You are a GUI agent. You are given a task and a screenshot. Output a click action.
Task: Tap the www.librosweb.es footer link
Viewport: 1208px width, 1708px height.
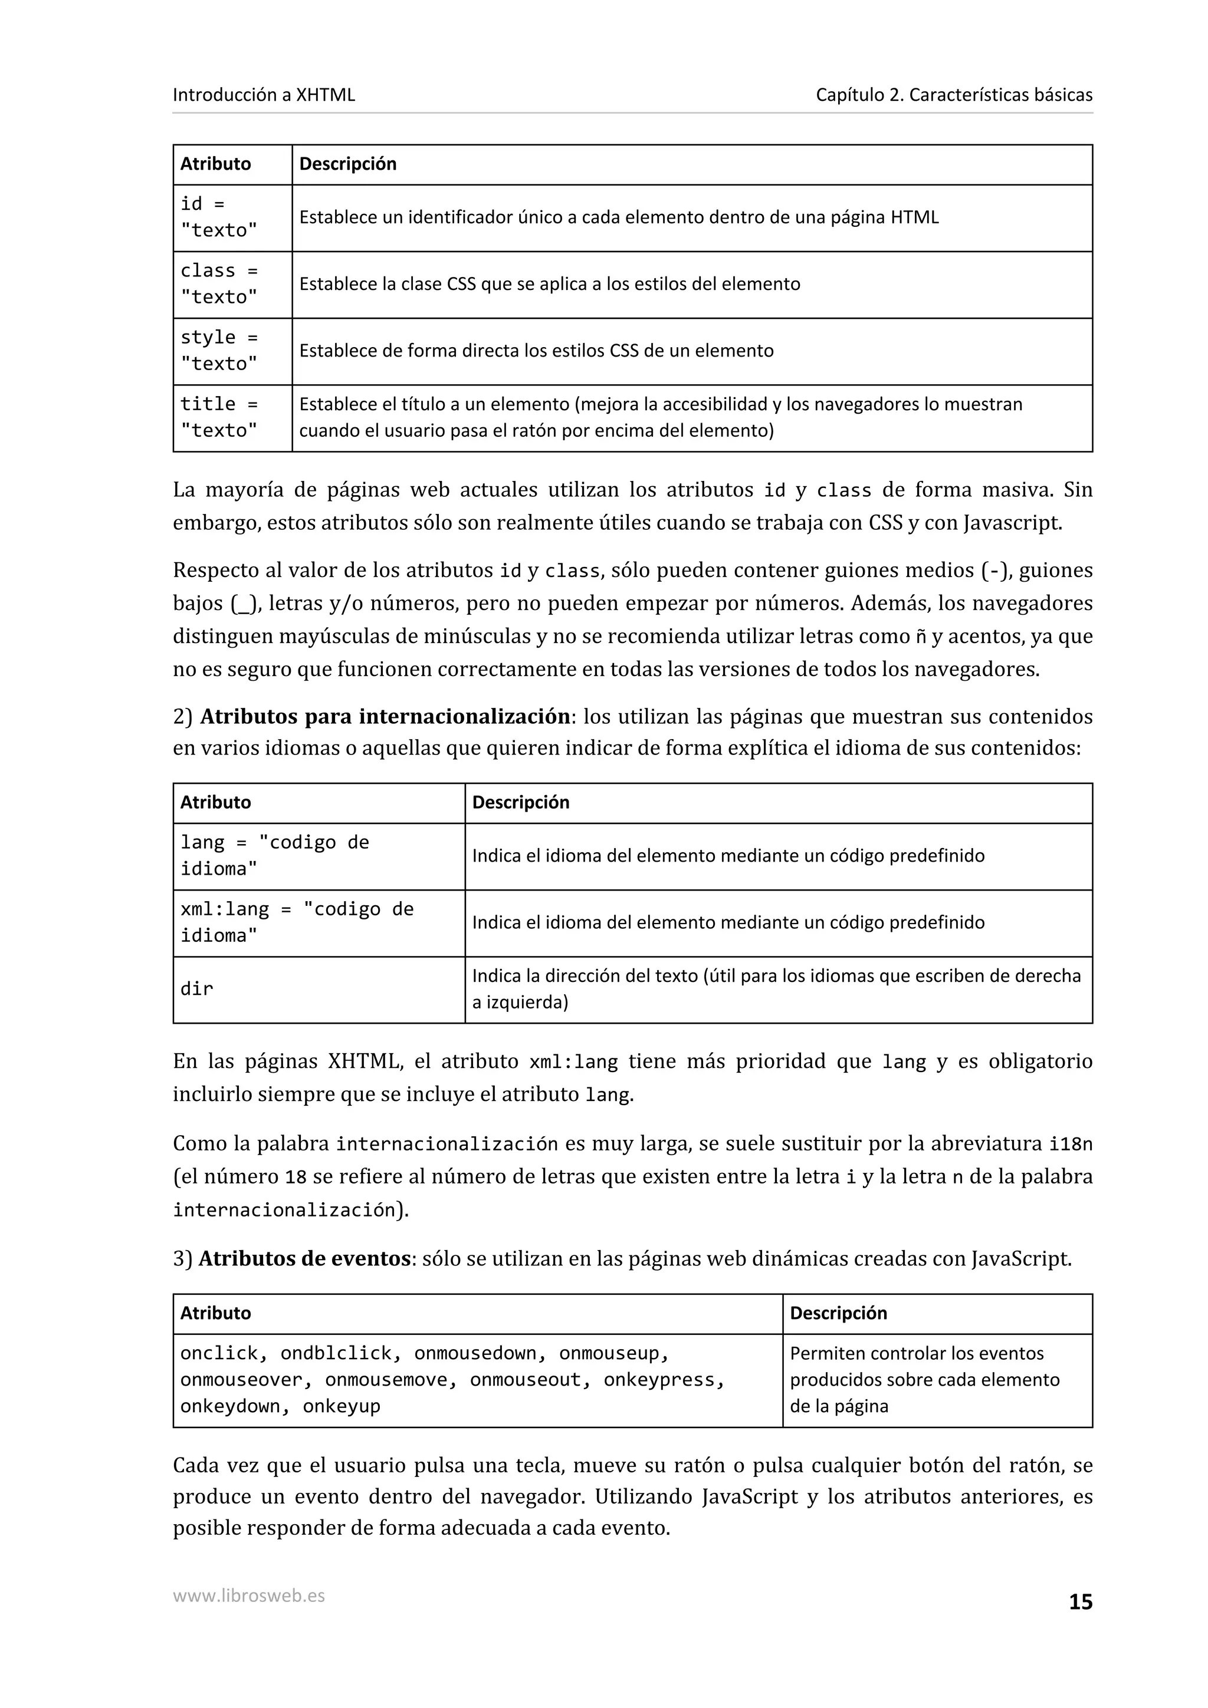[248, 1595]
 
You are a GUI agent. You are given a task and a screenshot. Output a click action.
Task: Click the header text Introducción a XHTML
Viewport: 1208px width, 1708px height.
[264, 94]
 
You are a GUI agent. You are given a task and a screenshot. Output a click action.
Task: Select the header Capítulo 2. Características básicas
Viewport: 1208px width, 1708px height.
[953, 94]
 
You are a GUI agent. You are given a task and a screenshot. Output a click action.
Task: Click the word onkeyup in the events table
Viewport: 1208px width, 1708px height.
[341, 1406]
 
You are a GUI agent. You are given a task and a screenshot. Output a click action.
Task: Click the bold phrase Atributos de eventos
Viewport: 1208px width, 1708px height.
[304, 1259]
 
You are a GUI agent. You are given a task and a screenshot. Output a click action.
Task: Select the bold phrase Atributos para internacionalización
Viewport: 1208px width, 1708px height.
[385, 716]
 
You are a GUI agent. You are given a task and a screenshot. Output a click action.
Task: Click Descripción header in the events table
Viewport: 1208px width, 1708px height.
[838, 1313]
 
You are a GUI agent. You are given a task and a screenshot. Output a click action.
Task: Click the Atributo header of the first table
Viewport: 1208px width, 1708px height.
[216, 164]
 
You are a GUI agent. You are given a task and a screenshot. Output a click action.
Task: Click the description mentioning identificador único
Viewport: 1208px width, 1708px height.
[619, 217]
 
